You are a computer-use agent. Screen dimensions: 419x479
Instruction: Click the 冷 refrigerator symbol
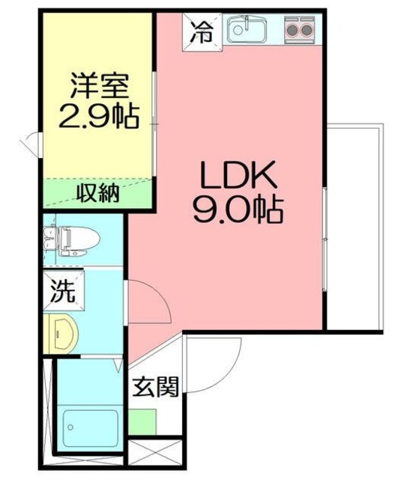click(x=202, y=32)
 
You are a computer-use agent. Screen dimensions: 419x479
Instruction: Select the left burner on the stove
click(x=292, y=30)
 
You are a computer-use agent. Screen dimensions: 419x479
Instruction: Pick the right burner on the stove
click(x=306, y=30)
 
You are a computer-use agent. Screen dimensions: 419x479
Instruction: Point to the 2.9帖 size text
click(x=99, y=117)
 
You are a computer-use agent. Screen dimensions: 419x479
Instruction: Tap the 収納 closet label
click(x=97, y=194)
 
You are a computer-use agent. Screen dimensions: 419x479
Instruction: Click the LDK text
click(x=238, y=174)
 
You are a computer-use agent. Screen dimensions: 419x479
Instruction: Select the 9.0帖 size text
click(x=239, y=210)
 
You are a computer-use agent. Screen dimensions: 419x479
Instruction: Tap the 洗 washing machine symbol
click(x=63, y=291)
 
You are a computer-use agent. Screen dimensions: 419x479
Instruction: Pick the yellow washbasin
click(x=61, y=334)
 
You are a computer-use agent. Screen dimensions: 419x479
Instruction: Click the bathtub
click(x=90, y=427)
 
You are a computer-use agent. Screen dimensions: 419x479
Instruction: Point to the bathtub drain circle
click(x=70, y=427)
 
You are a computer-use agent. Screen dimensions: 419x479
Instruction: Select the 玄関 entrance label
click(x=155, y=387)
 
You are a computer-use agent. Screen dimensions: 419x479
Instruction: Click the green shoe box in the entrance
click(x=142, y=422)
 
